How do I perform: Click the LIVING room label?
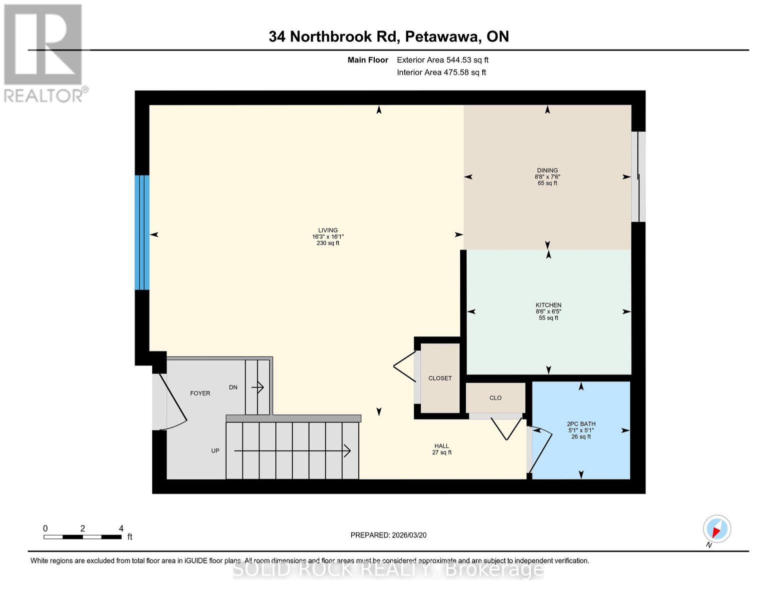(328, 230)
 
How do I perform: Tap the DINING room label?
(547, 170)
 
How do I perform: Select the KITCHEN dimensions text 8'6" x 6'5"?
(548, 311)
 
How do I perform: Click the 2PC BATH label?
(581, 424)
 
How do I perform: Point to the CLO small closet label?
(495, 398)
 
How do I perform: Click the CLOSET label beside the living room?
(440, 378)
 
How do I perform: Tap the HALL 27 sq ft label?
(442, 449)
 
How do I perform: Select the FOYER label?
(200, 393)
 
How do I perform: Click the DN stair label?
(233, 387)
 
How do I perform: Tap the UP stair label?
(215, 451)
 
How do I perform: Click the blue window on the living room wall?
(142, 232)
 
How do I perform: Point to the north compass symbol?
(716, 529)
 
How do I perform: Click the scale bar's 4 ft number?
(121, 528)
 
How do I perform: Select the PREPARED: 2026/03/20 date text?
(388, 535)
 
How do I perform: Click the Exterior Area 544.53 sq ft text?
(442, 60)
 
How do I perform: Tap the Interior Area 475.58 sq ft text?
(441, 72)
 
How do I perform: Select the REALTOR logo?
(44, 52)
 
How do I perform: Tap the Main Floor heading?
(368, 60)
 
